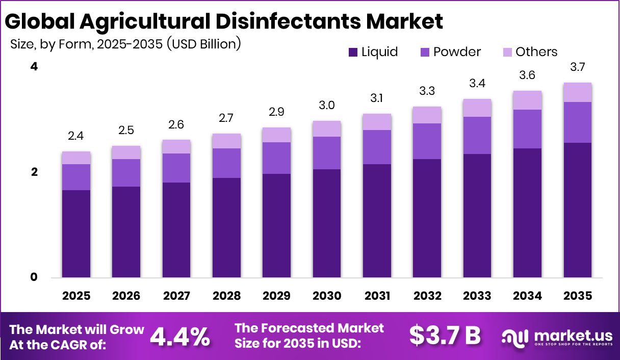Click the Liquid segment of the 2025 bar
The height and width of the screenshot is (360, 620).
point(76,234)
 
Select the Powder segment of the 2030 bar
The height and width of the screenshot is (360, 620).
point(327,153)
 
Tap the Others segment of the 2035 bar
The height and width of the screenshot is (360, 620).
point(578,92)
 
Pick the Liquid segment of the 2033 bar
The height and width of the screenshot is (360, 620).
point(477,215)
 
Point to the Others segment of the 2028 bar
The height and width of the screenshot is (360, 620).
point(226,141)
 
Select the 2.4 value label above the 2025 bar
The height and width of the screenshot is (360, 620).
point(76,136)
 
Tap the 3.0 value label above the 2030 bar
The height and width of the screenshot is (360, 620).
point(327,106)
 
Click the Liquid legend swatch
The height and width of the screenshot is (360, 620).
point(353,52)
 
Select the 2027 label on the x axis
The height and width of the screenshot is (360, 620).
point(176,296)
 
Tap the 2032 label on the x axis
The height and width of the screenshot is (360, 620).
point(427,296)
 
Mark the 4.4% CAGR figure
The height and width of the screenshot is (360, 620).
point(180,336)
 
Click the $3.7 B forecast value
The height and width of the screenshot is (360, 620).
point(445,336)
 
